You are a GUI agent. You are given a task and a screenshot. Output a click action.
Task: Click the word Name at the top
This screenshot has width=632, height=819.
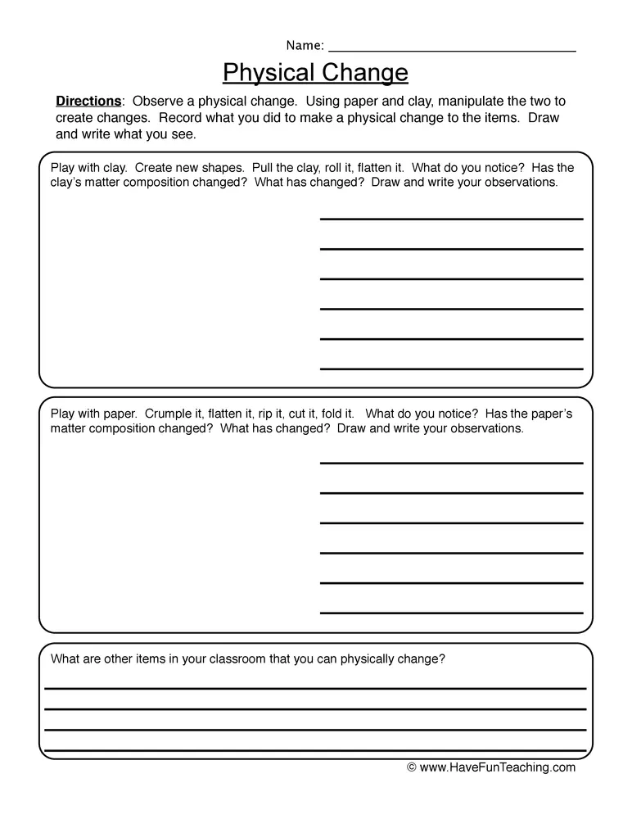coord(304,45)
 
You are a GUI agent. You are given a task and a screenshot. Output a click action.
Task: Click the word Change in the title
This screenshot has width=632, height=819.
coord(364,73)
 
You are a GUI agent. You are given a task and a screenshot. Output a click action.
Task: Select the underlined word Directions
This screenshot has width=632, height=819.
coord(88,102)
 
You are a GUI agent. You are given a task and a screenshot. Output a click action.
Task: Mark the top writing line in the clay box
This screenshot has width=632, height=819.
coord(451,219)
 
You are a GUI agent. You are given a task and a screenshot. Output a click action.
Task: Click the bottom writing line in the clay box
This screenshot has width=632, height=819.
coord(451,368)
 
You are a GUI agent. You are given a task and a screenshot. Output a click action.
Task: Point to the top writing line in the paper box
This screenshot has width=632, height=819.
coord(451,463)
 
